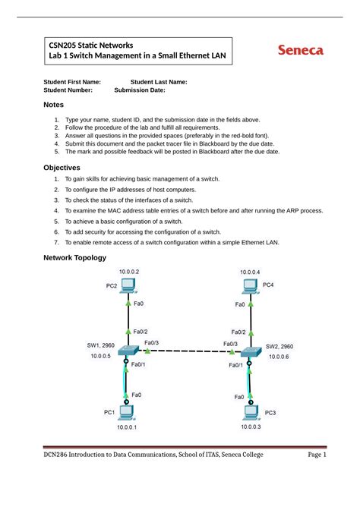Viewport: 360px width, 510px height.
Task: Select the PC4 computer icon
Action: [248, 286]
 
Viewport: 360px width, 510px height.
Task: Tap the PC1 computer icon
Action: [127, 412]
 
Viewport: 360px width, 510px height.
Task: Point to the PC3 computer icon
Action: [250, 412]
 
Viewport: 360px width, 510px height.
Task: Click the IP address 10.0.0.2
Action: [128, 271]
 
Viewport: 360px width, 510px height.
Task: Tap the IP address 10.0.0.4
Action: [250, 271]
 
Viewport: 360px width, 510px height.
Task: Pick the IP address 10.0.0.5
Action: [100, 356]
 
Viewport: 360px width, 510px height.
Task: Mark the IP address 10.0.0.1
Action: [127, 427]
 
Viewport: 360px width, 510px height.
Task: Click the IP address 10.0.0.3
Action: [250, 427]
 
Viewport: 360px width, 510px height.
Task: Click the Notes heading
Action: [54, 105]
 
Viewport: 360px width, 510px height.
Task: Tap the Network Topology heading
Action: [79, 259]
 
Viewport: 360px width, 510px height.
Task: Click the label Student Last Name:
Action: [159, 81]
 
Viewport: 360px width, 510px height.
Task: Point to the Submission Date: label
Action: [140, 90]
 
